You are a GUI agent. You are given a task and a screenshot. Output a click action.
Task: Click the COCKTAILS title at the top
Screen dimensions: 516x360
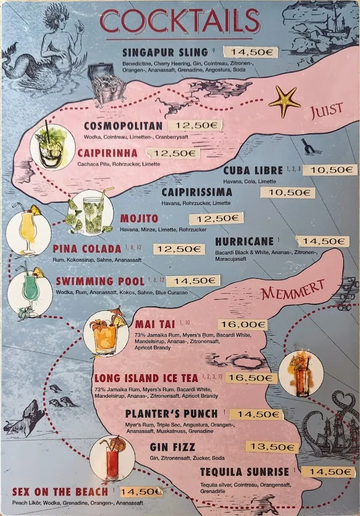pyautogui.click(x=180, y=21)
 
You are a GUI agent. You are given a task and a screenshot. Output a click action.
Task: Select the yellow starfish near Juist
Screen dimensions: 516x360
pyautogui.click(x=284, y=101)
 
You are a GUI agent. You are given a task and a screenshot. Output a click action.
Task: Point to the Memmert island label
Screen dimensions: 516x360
pyautogui.click(x=292, y=290)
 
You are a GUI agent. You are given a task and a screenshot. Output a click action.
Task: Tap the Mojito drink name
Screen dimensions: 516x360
pyautogui.click(x=139, y=219)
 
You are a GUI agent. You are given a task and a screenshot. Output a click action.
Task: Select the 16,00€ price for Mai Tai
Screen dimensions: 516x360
pyautogui.click(x=243, y=325)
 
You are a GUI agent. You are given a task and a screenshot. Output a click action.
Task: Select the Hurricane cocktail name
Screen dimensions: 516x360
pyautogui.click(x=244, y=241)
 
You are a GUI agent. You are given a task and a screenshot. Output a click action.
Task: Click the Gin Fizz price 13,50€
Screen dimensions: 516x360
pyautogui.click(x=272, y=447)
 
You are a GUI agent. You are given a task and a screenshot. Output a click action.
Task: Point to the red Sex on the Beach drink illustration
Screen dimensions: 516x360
pyautogui.click(x=112, y=459)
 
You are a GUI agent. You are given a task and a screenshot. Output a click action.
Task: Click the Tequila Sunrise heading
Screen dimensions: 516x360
pyautogui.click(x=245, y=472)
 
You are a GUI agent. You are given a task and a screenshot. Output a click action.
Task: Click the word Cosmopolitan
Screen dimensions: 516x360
pyautogui.click(x=123, y=126)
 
